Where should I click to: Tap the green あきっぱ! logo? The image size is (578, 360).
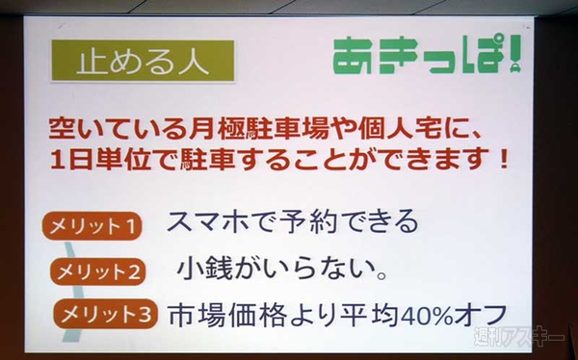coord(429,57)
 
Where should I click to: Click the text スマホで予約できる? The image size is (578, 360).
coord(293,223)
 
